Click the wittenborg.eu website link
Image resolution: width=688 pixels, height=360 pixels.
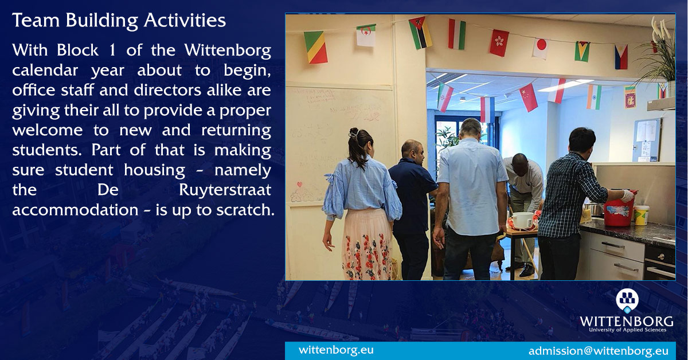coord(336,350)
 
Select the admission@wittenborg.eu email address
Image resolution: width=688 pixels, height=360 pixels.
coord(598,350)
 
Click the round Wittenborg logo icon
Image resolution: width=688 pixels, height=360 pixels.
coord(627,300)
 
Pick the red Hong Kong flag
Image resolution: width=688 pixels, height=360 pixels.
coord(499,42)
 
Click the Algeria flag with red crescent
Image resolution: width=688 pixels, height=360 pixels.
coord(366,36)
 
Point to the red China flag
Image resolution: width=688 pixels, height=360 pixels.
coord(528,97)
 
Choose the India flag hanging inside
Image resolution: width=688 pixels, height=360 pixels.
coord(593,96)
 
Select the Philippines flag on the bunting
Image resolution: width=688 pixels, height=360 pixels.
coord(621,56)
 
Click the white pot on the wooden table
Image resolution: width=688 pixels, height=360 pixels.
coord(522,220)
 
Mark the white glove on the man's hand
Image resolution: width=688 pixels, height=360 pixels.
coord(628,196)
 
